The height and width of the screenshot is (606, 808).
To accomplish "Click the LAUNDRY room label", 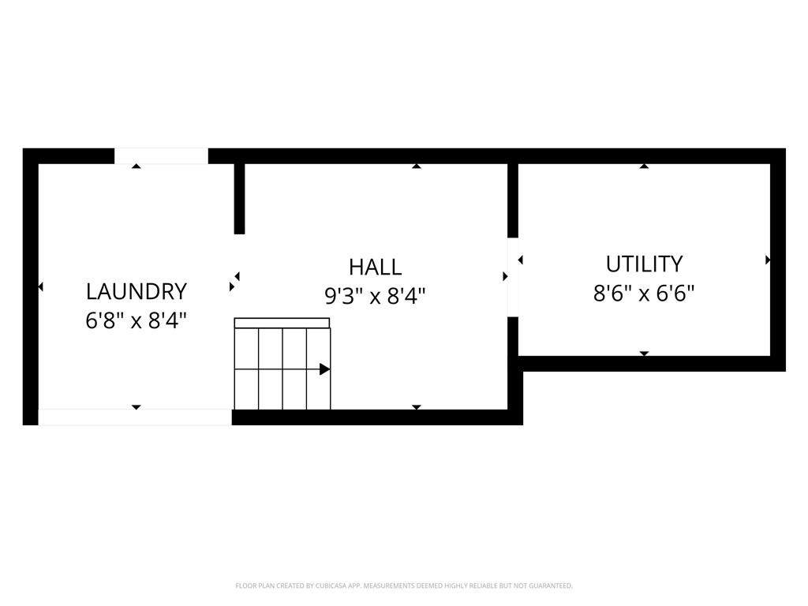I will coord(136,291).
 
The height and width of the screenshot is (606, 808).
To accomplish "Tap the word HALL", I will coord(375,267).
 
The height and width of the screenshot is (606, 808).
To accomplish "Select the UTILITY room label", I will coord(644,264).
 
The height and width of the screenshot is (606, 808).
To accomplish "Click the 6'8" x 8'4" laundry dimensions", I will coord(136,321).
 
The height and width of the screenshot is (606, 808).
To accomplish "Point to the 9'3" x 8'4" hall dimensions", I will coord(375,296).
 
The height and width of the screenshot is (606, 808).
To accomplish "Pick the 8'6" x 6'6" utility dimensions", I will coord(644,294).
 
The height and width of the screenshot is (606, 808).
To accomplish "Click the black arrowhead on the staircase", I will coord(324,368).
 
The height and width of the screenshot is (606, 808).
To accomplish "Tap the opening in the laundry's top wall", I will coord(161,156).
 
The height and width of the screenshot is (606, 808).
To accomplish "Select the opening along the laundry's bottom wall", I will coord(135,417).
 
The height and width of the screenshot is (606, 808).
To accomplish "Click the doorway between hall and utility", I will coord(513,277).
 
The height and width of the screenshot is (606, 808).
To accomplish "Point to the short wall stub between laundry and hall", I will coord(239,199).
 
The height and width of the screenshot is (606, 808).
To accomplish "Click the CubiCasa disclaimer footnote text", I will coord(404,585).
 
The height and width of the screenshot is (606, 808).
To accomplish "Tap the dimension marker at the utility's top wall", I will coord(644,166).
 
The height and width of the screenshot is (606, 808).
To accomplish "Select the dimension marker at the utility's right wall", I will coord(768,260).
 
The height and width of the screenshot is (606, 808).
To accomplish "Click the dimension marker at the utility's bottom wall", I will coord(644,353).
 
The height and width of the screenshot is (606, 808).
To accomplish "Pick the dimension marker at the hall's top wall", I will coord(416,166).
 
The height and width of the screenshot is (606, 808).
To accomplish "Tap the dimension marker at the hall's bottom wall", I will coord(416,407).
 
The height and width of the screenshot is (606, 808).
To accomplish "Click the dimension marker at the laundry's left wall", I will coord(40,287).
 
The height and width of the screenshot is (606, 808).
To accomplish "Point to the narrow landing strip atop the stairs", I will coord(282,323).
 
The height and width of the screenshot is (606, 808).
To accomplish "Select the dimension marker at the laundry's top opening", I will coord(136,166).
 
